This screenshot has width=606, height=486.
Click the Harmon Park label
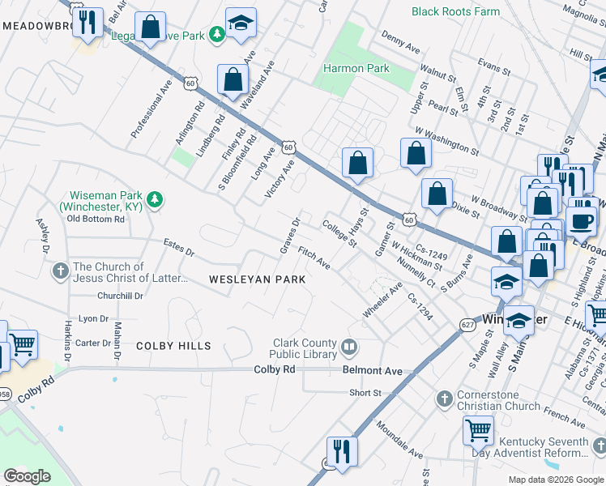coord(356,69)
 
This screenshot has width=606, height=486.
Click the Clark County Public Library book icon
coord(349,347)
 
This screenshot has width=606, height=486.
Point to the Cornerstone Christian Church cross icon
coord(443,377)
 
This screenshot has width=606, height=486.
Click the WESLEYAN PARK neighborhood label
coord(257,279)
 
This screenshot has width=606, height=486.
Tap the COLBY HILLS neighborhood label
coord(173,346)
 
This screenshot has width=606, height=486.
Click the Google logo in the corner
coord(28,476)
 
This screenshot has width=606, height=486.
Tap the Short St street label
coord(365,393)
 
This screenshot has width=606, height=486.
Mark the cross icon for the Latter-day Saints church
coord(61,271)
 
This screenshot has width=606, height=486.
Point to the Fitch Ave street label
coord(314,258)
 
